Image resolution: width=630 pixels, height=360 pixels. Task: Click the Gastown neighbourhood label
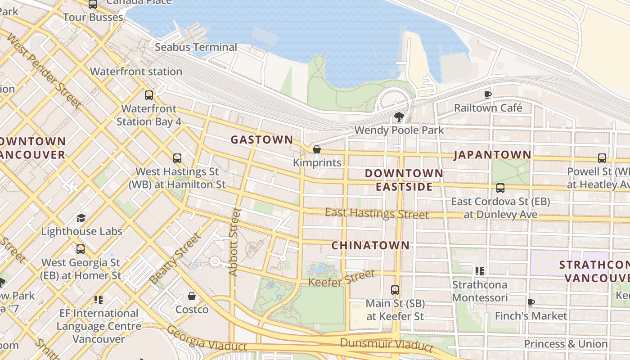click(x=261, y=140)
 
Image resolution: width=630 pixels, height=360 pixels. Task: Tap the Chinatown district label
click(x=370, y=246)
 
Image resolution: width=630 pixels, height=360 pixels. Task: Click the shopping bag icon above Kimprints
click(x=317, y=149)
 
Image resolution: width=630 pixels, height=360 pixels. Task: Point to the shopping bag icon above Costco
click(x=192, y=296)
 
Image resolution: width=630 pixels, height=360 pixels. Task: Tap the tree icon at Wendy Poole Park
click(x=398, y=117)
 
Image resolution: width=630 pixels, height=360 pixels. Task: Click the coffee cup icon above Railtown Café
click(x=487, y=94)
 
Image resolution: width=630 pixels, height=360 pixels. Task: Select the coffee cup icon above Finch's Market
click(x=531, y=302)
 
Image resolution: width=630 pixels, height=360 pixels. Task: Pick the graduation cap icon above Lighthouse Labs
click(x=81, y=218)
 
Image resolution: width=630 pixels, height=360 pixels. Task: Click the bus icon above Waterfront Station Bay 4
click(x=149, y=95)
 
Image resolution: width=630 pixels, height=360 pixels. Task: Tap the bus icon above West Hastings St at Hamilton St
click(x=177, y=158)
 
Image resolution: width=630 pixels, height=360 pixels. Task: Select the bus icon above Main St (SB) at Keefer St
click(x=395, y=290)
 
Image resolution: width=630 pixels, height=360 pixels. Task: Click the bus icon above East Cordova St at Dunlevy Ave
click(x=500, y=188)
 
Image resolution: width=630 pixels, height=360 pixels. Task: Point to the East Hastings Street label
click(x=377, y=214)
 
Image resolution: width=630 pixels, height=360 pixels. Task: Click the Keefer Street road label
click(x=341, y=278)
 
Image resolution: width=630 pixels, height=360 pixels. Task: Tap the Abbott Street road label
click(x=235, y=242)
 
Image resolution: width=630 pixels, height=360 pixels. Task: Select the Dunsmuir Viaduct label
click(x=387, y=344)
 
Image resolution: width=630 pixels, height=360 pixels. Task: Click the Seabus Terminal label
click(x=196, y=47)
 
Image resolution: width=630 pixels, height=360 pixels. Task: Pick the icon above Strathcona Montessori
click(x=480, y=271)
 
